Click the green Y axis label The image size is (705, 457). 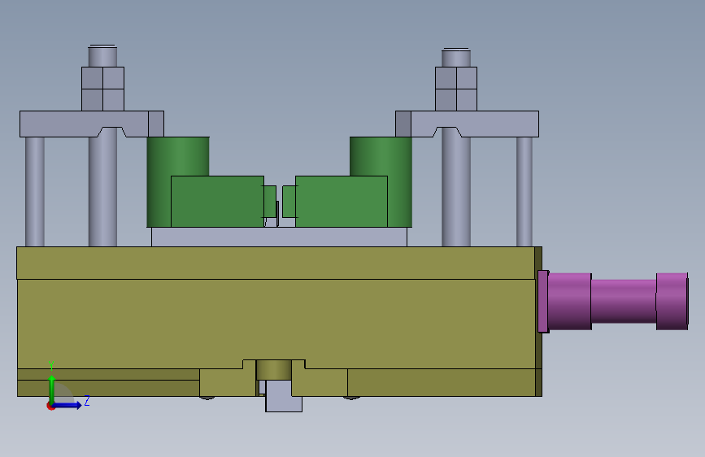point(51,365)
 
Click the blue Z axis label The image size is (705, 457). point(87,400)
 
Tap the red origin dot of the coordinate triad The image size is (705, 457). point(50,406)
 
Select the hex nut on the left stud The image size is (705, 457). point(102,89)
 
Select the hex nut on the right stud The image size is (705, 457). point(456,89)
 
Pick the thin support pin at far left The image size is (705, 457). point(35,192)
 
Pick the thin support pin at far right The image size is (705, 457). point(524,192)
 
